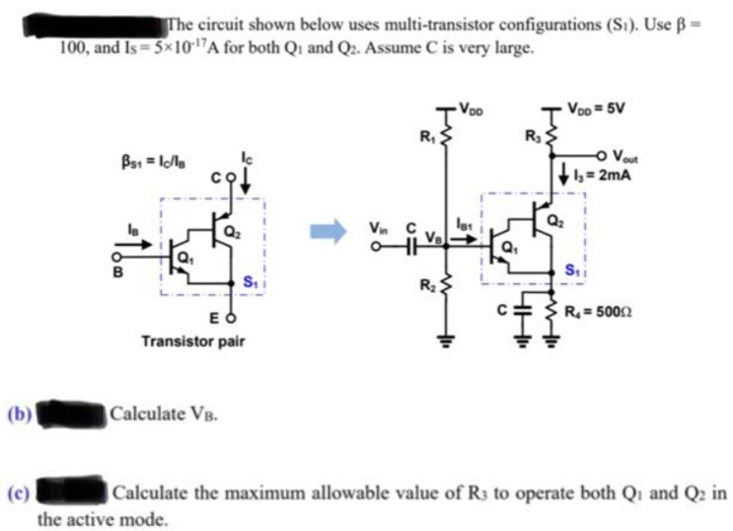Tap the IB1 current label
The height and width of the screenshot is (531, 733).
(465, 229)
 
